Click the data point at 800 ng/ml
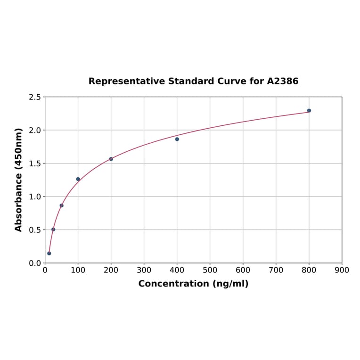pyautogui.click(x=309, y=111)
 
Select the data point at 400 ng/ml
pyautogui.click(x=177, y=139)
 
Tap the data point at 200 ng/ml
pyautogui.click(x=111, y=159)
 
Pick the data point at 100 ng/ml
pyautogui.click(x=78, y=179)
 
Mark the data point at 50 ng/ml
pyautogui.click(x=62, y=205)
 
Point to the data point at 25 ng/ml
pyautogui.click(x=53, y=229)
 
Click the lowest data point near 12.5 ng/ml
pyautogui.click(x=49, y=254)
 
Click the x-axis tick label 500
pyautogui.click(x=210, y=270)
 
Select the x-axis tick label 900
pyautogui.click(x=342, y=270)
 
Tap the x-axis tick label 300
pyautogui.click(x=144, y=270)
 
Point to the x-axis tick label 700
pyautogui.click(x=276, y=270)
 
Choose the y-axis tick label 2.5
pyautogui.click(x=35, y=97)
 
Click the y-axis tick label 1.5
pyautogui.click(x=35, y=164)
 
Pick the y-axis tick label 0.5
pyautogui.click(x=35, y=230)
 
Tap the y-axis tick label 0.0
pyautogui.click(x=35, y=263)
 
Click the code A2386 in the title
pyautogui.click(x=283, y=81)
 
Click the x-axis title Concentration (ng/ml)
pyautogui.click(x=193, y=284)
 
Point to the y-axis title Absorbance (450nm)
pyautogui.click(x=19, y=180)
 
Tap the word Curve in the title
pyautogui.click(x=231, y=81)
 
